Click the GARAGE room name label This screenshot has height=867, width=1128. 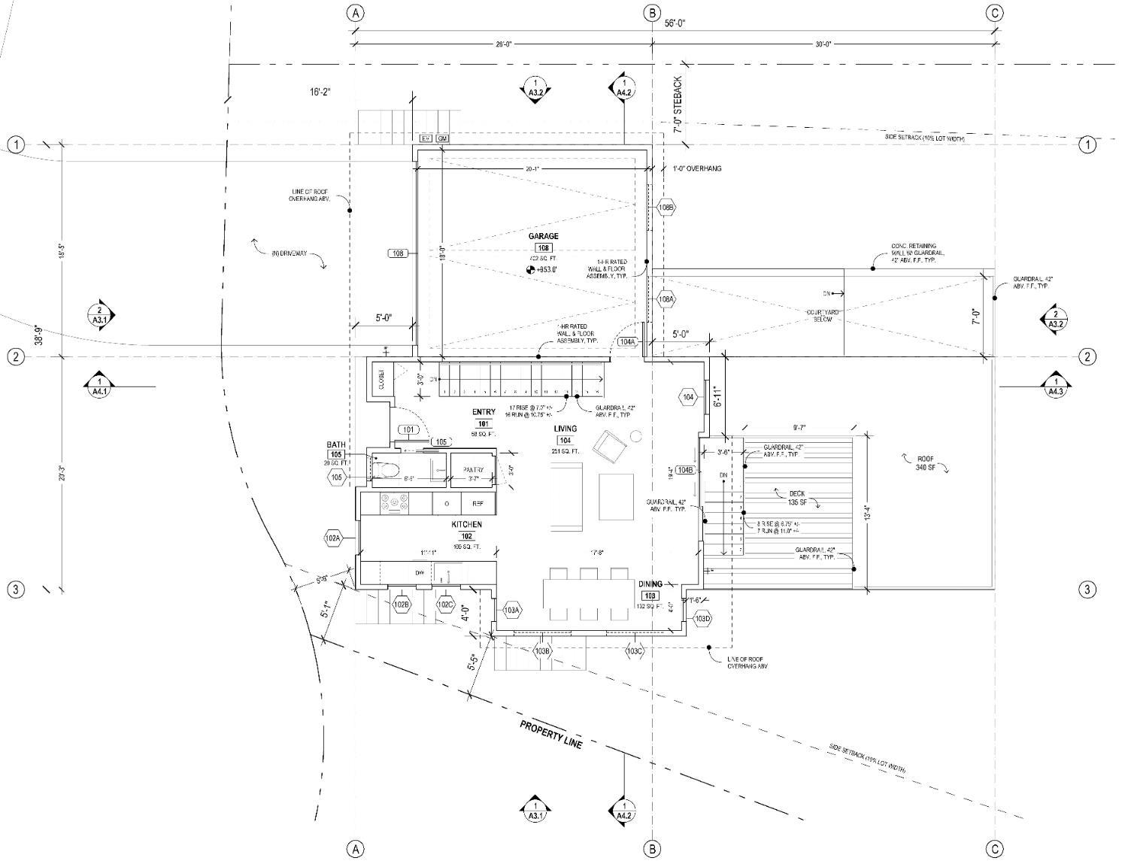click(x=543, y=236)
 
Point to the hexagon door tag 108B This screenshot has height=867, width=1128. click(x=666, y=207)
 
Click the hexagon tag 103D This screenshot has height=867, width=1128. click(x=702, y=619)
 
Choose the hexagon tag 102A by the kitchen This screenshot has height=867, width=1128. click(x=333, y=538)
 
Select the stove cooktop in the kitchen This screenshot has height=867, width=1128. click(x=394, y=503)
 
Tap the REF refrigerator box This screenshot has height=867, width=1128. click(x=478, y=503)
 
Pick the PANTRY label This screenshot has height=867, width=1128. click(x=474, y=470)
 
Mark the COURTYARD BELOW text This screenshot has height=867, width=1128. click(x=823, y=315)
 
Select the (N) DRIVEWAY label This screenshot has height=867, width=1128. click(x=290, y=254)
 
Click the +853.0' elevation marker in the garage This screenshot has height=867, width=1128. click(x=543, y=268)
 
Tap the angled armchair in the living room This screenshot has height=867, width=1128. click(x=611, y=447)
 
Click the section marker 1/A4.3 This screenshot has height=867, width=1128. click(x=1056, y=386)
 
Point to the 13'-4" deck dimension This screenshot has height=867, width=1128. click(x=868, y=514)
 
